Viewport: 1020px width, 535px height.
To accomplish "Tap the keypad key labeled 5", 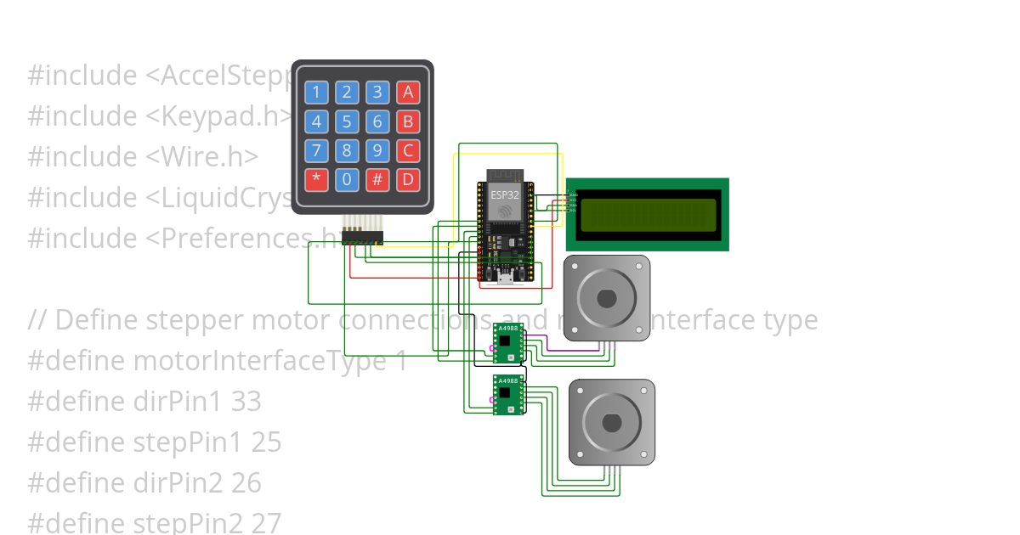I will click(347, 121).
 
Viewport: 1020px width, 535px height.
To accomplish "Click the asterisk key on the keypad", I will click(316, 179).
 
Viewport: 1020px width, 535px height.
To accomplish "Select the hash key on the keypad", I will click(377, 179).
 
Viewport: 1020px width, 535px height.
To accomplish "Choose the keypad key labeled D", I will click(408, 179).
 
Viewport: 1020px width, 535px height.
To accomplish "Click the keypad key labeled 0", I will click(347, 179).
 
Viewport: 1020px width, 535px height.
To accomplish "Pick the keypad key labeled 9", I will click(377, 150).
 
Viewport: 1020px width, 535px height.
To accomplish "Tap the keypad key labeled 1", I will click(316, 93).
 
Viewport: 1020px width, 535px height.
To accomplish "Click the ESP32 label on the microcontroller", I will click(504, 195).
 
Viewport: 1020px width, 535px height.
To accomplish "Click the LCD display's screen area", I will click(647, 214).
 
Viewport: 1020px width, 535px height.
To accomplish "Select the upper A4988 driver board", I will click(508, 343).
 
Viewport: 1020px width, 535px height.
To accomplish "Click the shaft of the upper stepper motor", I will click(606, 298).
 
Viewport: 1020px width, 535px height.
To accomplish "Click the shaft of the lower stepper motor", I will click(611, 422).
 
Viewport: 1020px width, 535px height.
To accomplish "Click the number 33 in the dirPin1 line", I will click(246, 402).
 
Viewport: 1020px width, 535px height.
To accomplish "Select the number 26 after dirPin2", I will click(246, 483).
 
